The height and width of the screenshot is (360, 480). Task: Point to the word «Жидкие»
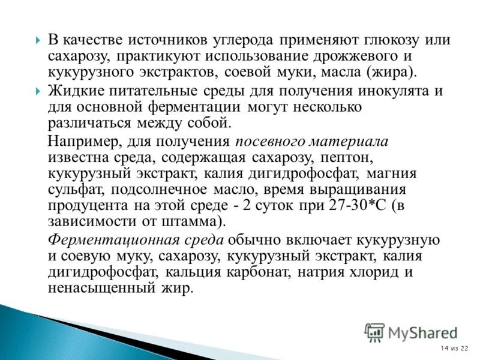[x=74, y=92]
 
